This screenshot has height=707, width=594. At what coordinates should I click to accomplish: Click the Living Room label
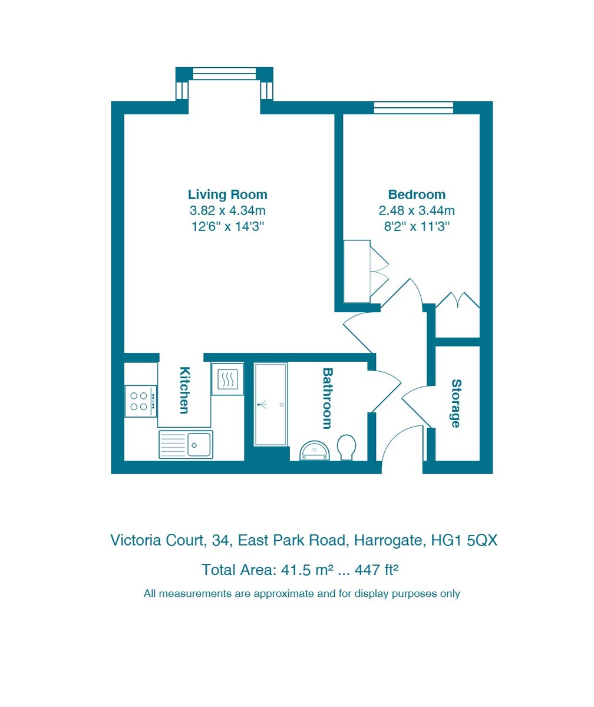227,194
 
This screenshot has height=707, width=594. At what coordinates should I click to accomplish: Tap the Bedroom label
417,194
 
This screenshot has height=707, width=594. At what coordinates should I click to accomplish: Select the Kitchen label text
184,390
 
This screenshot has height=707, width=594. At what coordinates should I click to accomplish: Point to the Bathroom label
327,398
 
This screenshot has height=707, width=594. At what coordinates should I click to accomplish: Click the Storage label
456,403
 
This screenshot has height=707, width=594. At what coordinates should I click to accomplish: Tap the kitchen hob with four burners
140,401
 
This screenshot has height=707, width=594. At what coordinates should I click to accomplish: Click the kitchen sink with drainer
186,445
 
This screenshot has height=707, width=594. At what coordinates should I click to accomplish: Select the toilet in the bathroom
346,447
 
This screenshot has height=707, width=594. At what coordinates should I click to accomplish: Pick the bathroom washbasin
314,450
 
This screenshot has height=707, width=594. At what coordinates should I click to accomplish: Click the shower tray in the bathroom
270,404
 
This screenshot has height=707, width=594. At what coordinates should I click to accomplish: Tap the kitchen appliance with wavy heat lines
227,379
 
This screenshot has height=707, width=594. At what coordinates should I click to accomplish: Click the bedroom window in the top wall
413,108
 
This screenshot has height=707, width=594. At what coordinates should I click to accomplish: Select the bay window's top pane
224,73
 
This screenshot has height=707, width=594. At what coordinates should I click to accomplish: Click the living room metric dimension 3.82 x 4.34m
227,210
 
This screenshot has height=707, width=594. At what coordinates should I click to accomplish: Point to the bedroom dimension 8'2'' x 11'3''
417,226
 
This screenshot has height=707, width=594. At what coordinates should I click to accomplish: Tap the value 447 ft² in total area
376,570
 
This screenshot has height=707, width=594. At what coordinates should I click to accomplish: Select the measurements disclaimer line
302,593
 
